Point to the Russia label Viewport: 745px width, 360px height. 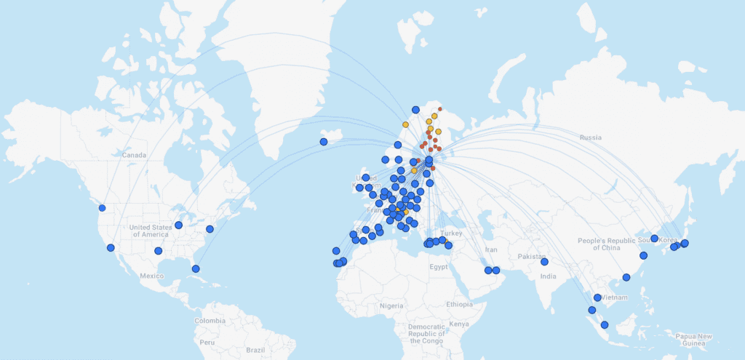click(591, 137)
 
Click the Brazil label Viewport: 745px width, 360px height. click(255, 350)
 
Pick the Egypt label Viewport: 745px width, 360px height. click(439, 267)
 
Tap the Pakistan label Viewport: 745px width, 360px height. click(532, 257)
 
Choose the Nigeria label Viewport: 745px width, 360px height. click(391, 306)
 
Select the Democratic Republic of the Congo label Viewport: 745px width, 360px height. click(426, 334)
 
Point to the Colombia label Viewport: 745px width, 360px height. click(210, 321)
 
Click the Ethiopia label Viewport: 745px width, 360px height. click(459, 304)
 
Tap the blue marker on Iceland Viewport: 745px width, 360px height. click(324, 142)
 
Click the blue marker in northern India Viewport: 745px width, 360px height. click(544, 262)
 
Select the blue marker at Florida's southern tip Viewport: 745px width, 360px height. click(196, 269)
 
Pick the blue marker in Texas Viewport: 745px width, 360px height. click(158, 251)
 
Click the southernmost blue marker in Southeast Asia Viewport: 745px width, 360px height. click(605, 325)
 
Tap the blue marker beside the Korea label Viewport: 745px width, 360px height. click(654, 239)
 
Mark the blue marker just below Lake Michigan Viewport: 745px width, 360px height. click(178, 225)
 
